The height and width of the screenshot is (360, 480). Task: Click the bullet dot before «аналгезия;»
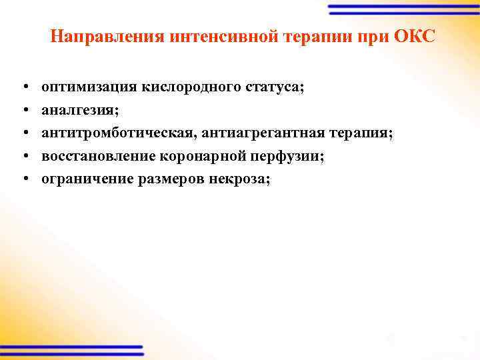click(x=23, y=111)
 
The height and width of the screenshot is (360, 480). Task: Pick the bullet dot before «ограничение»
click(x=23, y=179)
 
